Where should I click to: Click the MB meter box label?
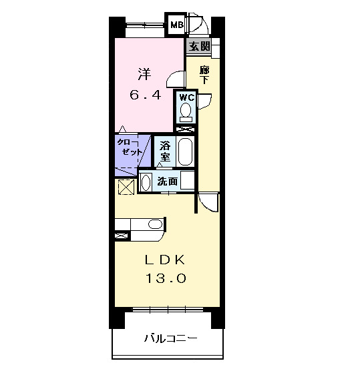[176, 25]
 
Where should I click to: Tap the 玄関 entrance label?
[198, 46]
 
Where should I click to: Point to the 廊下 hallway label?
[205, 74]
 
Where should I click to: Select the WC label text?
[186, 97]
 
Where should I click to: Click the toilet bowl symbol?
[186, 111]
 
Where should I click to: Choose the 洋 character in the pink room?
[145, 72]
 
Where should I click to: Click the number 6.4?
[145, 95]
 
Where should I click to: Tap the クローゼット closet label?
[129, 148]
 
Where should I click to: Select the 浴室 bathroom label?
[164, 151]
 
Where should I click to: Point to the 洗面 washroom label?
[168, 181]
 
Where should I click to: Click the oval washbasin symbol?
[146, 181]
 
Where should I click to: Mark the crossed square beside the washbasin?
[125, 188]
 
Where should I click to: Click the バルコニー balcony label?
[171, 338]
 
